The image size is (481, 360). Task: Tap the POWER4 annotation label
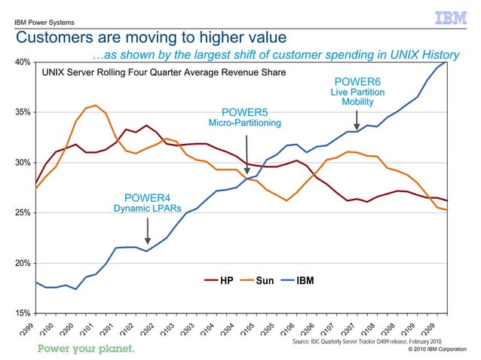(147, 197)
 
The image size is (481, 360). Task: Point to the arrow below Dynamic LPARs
(147, 230)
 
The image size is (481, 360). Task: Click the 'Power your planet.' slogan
(87, 349)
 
